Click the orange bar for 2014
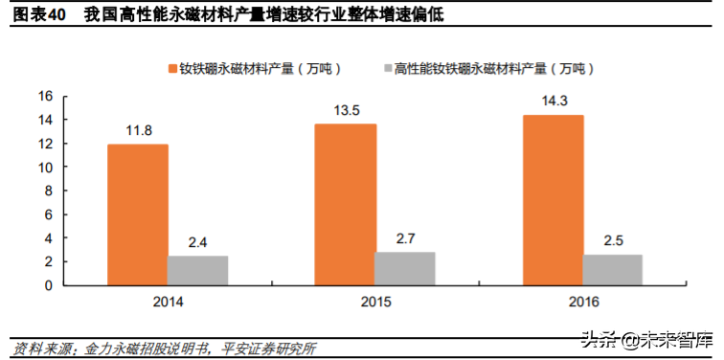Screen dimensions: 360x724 (x=138, y=214)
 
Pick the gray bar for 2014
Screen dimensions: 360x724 (x=198, y=270)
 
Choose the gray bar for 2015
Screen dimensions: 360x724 (x=405, y=268)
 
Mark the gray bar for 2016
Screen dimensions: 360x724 (x=613, y=269)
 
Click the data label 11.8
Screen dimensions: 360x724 (x=138, y=129)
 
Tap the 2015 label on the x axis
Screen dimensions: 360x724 (x=375, y=303)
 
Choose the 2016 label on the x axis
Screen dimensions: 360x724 (x=582, y=303)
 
